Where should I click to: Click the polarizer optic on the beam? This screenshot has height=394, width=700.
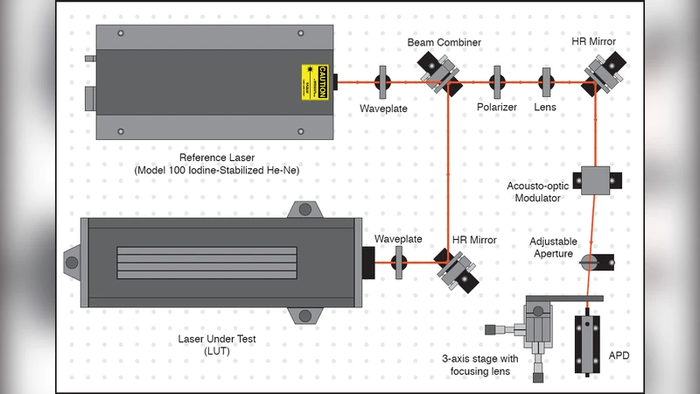pyautogui.click(x=498, y=82)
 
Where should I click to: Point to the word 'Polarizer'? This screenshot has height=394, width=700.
pyautogui.click(x=497, y=108)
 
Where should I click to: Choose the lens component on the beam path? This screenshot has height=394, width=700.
pyautogui.click(x=547, y=82)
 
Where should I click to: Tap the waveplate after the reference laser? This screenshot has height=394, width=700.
pyautogui.click(x=382, y=82)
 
